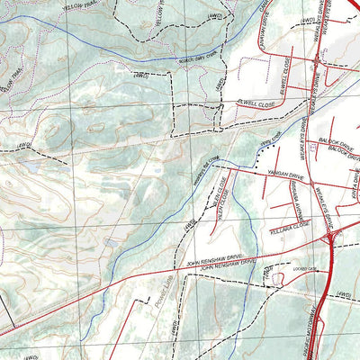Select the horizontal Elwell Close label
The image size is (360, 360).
(256, 104)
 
